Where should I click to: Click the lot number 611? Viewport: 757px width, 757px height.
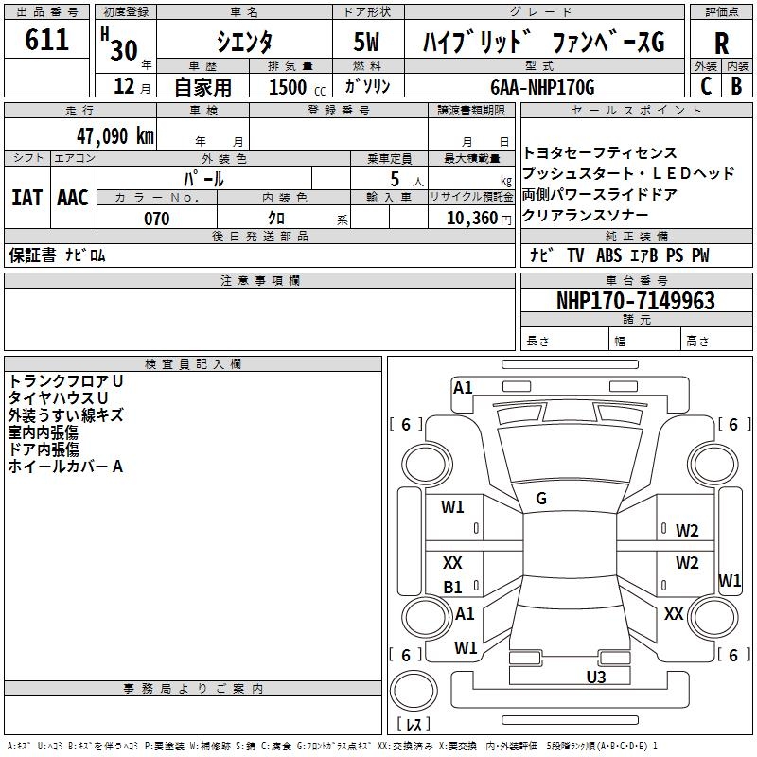tap(47, 40)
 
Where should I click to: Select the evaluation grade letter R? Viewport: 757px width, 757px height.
tap(722, 43)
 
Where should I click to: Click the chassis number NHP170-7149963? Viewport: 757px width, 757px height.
tap(636, 301)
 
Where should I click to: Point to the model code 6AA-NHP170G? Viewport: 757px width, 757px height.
tap(542, 87)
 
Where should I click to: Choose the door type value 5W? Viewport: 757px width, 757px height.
tap(367, 43)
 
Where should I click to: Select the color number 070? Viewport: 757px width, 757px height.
tap(156, 219)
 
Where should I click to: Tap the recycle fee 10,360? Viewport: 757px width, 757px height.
tap(470, 219)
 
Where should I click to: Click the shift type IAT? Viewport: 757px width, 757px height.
tap(26, 198)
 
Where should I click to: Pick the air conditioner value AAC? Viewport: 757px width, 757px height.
tap(73, 198)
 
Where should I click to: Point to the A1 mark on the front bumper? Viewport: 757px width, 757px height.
tap(463, 388)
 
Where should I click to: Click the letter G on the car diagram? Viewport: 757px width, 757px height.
tap(541, 499)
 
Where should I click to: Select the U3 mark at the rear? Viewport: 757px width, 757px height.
tap(595, 677)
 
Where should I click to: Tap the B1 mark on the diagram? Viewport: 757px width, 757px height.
tap(453, 588)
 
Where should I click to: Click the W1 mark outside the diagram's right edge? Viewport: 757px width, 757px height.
tap(730, 580)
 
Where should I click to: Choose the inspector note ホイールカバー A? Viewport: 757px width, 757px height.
tap(66, 467)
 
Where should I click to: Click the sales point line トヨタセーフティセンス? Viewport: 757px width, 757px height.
tap(600, 153)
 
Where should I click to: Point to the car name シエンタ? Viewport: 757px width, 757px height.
tap(244, 43)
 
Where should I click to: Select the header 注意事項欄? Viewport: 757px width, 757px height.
tap(259, 281)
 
